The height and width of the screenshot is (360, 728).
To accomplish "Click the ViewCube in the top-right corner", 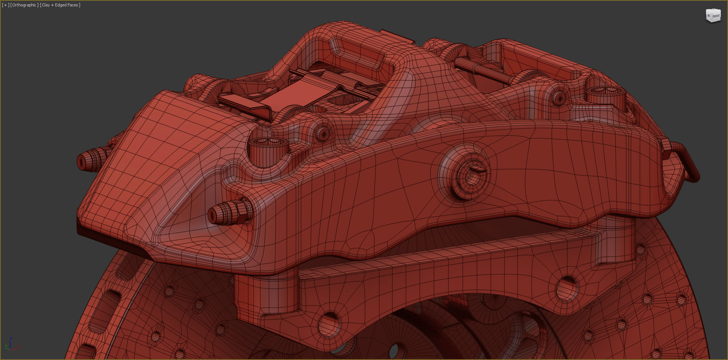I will [x=713, y=16].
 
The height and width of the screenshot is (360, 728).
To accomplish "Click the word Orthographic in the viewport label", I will [x=24, y=5].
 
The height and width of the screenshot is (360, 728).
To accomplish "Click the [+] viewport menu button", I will [x=5, y=5].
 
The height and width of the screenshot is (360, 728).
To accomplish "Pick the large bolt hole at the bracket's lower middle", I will [x=329, y=324].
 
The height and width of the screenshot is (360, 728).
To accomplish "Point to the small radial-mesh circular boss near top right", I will [x=559, y=98].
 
